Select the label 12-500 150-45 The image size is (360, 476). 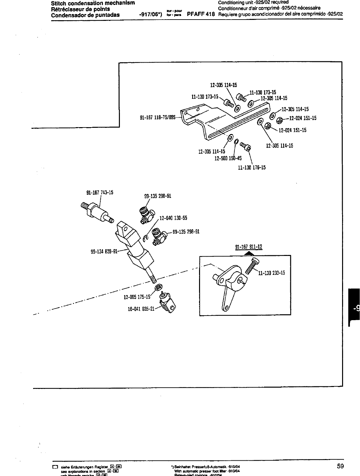point(228,158)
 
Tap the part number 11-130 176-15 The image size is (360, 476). point(252,168)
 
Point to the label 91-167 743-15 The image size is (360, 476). point(100,192)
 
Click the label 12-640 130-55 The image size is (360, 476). point(173,218)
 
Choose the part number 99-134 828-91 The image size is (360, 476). point(104,251)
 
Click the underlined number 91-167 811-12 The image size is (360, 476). point(249,247)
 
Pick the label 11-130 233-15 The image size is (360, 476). point(271,273)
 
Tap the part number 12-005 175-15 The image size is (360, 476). point(137,297)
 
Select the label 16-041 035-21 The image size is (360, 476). point(141,309)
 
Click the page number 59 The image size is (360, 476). point(340,466)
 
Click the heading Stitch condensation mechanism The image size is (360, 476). point(93,3)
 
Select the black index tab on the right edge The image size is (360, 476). point(354,306)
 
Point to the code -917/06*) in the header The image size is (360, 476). point(150,15)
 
